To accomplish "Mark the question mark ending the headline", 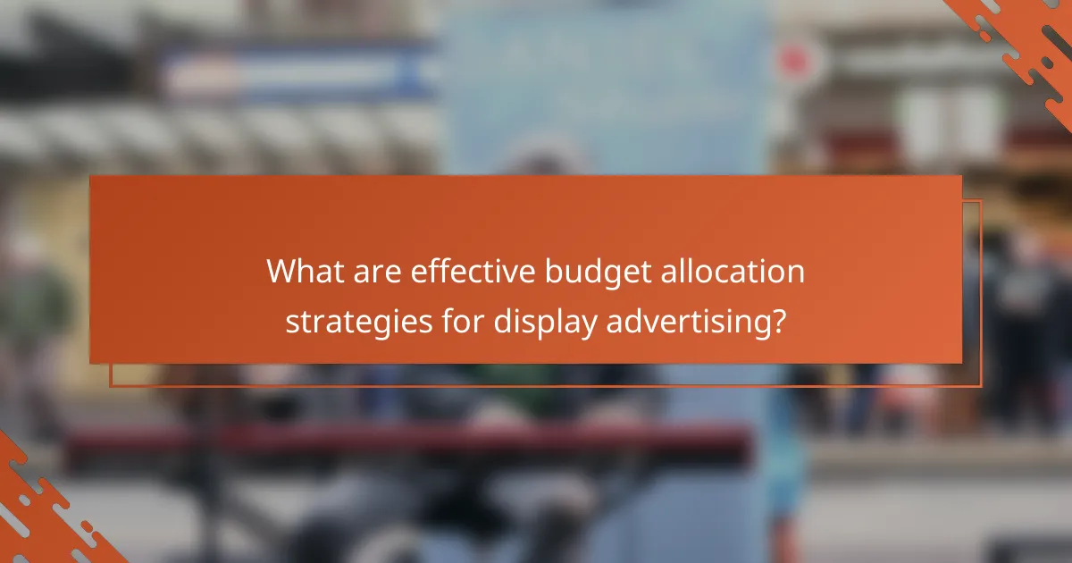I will (x=780, y=320).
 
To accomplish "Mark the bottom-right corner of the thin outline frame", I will (x=980, y=386).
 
